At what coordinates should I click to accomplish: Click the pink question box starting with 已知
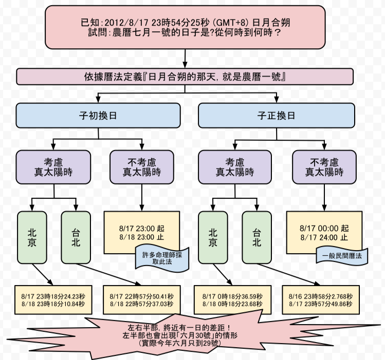(185, 27)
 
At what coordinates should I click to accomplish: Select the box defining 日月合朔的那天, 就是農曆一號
(185, 77)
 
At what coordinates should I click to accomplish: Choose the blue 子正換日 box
(277, 116)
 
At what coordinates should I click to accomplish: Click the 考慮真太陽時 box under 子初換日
(54, 167)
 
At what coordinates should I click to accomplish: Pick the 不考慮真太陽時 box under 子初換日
(142, 167)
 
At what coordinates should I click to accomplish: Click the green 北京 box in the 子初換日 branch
(32, 237)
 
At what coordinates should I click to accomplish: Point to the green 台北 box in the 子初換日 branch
(76, 237)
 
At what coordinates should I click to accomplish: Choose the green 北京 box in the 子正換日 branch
(212, 237)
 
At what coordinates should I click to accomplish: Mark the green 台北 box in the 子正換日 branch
(256, 237)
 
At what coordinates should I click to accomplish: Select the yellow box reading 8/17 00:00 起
(324, 229)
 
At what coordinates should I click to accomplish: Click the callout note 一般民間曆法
(342, 255)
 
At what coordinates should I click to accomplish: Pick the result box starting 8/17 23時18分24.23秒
(53, 300)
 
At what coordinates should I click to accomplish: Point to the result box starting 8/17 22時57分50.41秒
(142, 300)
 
